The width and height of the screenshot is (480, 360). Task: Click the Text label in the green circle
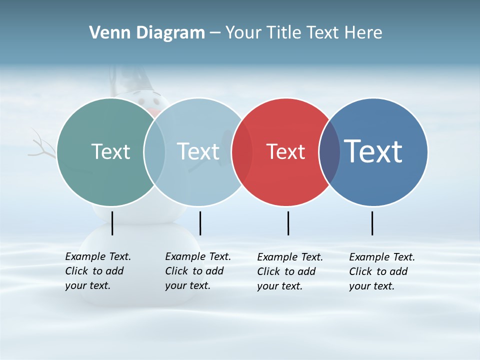click(110, 151)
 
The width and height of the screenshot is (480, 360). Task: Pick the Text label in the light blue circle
click(198, 151)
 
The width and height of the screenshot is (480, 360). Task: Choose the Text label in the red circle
click(285, 151)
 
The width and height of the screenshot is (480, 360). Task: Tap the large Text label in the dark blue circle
click(373, 151)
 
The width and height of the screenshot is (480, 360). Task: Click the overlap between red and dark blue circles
click(329, 152)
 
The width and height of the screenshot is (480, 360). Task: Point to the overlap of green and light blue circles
click(154, 152)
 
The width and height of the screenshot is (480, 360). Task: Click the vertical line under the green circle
click(112, 223)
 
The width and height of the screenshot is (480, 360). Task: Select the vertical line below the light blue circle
click(200, 223)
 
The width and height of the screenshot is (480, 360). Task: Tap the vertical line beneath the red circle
click(288, 223)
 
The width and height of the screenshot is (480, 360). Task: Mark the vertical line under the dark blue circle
click(372, 223)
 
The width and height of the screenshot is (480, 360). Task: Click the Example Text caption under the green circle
click(98, 271)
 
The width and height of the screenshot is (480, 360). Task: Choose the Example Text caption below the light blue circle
click(198, 271)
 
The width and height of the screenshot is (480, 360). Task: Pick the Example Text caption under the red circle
click(290, 271)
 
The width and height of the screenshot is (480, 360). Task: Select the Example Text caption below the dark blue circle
click(382, 271)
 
